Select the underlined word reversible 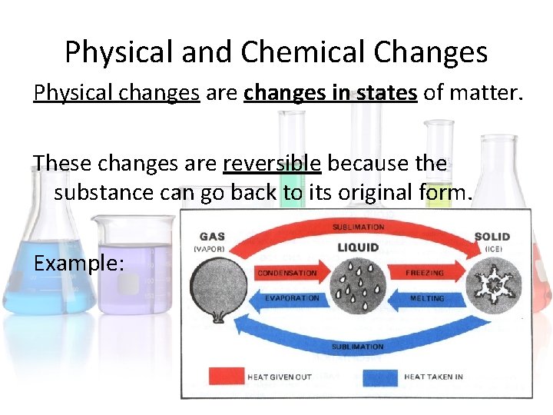tap(272, 163)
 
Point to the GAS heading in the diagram tap(211, 237)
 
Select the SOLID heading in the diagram tap(492, 237)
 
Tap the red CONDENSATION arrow tap(290, 273)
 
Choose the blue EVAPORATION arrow tap(290, 298)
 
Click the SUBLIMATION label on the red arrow tap(358, 227)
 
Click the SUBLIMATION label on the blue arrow tap(358, 347)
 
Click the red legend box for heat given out tap(226, 377)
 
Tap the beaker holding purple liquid tap(132, 265)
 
